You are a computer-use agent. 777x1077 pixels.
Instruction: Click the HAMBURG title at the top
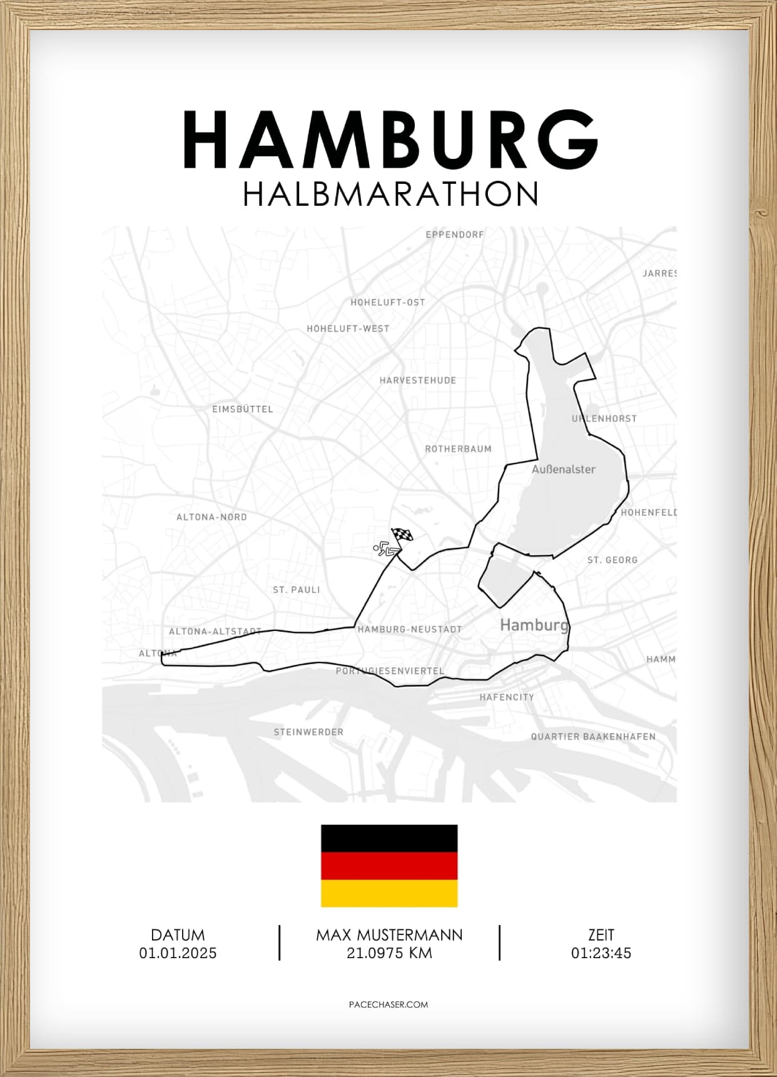point(390,139)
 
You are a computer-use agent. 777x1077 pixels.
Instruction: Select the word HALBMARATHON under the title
point(390,194)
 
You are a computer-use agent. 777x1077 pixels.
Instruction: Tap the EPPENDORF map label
point(455,235)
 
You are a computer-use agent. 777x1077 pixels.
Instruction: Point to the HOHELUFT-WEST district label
point(348,328)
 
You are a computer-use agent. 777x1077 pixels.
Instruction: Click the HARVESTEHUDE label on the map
point(418,380)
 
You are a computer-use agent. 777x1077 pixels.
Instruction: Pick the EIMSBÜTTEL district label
point(243,409)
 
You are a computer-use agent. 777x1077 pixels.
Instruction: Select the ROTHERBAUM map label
point(459,449)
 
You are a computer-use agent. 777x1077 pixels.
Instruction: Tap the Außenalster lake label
point(563,469)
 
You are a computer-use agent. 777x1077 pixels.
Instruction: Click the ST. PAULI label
point(297,590)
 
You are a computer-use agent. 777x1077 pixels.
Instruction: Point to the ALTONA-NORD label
point(211,517)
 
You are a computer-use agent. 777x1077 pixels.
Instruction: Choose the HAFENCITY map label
point(507,697)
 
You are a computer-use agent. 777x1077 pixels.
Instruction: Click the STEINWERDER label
point(308,732)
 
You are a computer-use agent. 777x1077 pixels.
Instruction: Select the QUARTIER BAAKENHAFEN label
point(593,737)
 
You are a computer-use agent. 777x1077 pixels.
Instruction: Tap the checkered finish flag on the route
point(402,535)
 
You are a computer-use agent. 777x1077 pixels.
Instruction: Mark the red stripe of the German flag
point(389,866)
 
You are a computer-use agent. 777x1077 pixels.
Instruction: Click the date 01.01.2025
point(178,953)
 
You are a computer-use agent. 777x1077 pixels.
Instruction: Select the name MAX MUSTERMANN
point(389,935)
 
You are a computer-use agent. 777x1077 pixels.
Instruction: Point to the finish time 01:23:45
point(601,953)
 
